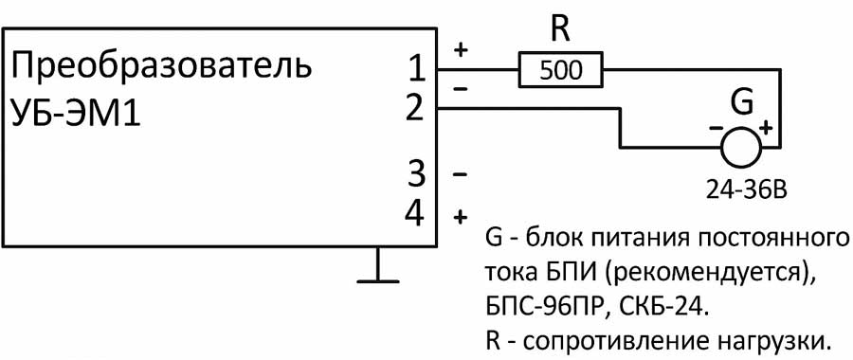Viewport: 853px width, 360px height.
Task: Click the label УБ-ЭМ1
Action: point(75,115)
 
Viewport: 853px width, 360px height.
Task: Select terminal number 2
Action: point(414,109)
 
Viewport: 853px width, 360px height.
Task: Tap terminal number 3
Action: point(415,174)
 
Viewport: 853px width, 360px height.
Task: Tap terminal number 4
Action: point(415,214)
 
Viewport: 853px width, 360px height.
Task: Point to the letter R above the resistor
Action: point(561,30)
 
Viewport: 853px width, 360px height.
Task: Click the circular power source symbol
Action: point(740,147)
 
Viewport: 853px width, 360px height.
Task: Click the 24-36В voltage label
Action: point(741,192)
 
